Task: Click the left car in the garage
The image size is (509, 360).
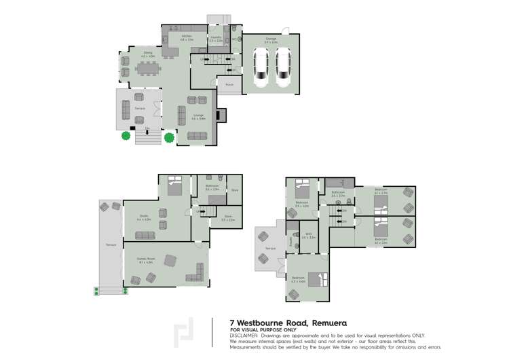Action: click(x=260, y=69)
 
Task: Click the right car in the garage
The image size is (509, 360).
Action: click(x=282, y=69)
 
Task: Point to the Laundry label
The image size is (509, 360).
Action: click(x=216, y=39)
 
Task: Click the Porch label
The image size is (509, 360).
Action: click(x=230, y=85)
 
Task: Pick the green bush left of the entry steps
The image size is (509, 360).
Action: click(x=126, y=136)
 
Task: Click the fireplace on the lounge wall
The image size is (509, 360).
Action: click(x=218, y=115)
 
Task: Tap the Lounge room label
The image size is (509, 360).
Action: click(x=198, y=116)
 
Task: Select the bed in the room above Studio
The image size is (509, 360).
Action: click(x=174, y=185)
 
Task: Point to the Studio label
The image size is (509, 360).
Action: click(x=143, y=218)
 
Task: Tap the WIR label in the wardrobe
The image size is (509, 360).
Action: click(x=308, y=236)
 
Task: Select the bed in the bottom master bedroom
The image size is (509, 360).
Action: click(x=318, y=279)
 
